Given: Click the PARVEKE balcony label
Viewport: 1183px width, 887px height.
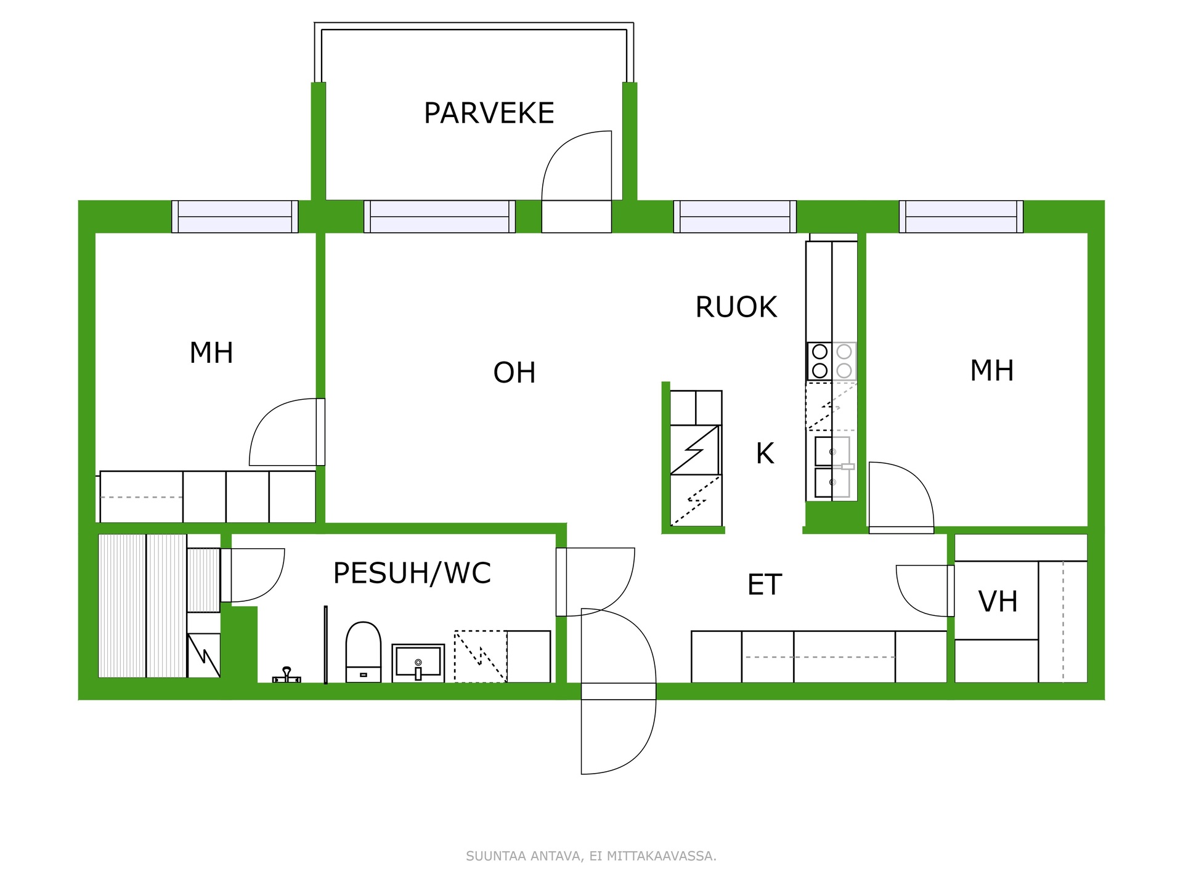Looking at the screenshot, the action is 489,113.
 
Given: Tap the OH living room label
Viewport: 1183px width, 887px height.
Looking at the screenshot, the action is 514,373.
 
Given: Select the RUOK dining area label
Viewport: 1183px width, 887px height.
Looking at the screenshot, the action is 736,307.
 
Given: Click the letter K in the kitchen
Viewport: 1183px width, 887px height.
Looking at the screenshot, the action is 765,454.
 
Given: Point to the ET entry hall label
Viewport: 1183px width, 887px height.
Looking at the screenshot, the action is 765,585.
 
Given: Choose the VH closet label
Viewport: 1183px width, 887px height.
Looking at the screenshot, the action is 998,602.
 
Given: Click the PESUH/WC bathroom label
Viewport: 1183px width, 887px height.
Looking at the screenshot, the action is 412,573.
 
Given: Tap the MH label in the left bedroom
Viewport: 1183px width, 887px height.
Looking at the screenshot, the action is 211,353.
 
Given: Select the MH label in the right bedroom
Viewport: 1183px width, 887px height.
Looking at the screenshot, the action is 992,370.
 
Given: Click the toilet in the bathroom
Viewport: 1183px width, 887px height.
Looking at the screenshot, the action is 364,652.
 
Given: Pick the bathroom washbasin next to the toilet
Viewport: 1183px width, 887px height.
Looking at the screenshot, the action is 418,663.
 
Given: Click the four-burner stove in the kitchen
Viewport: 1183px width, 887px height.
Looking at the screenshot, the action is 832,361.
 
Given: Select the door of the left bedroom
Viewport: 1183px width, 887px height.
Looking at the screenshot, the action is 287,432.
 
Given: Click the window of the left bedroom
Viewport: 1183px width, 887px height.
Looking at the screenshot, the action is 235,217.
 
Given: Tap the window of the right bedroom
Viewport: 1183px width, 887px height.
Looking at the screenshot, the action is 961,217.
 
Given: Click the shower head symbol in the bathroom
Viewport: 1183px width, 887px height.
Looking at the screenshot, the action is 287,676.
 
